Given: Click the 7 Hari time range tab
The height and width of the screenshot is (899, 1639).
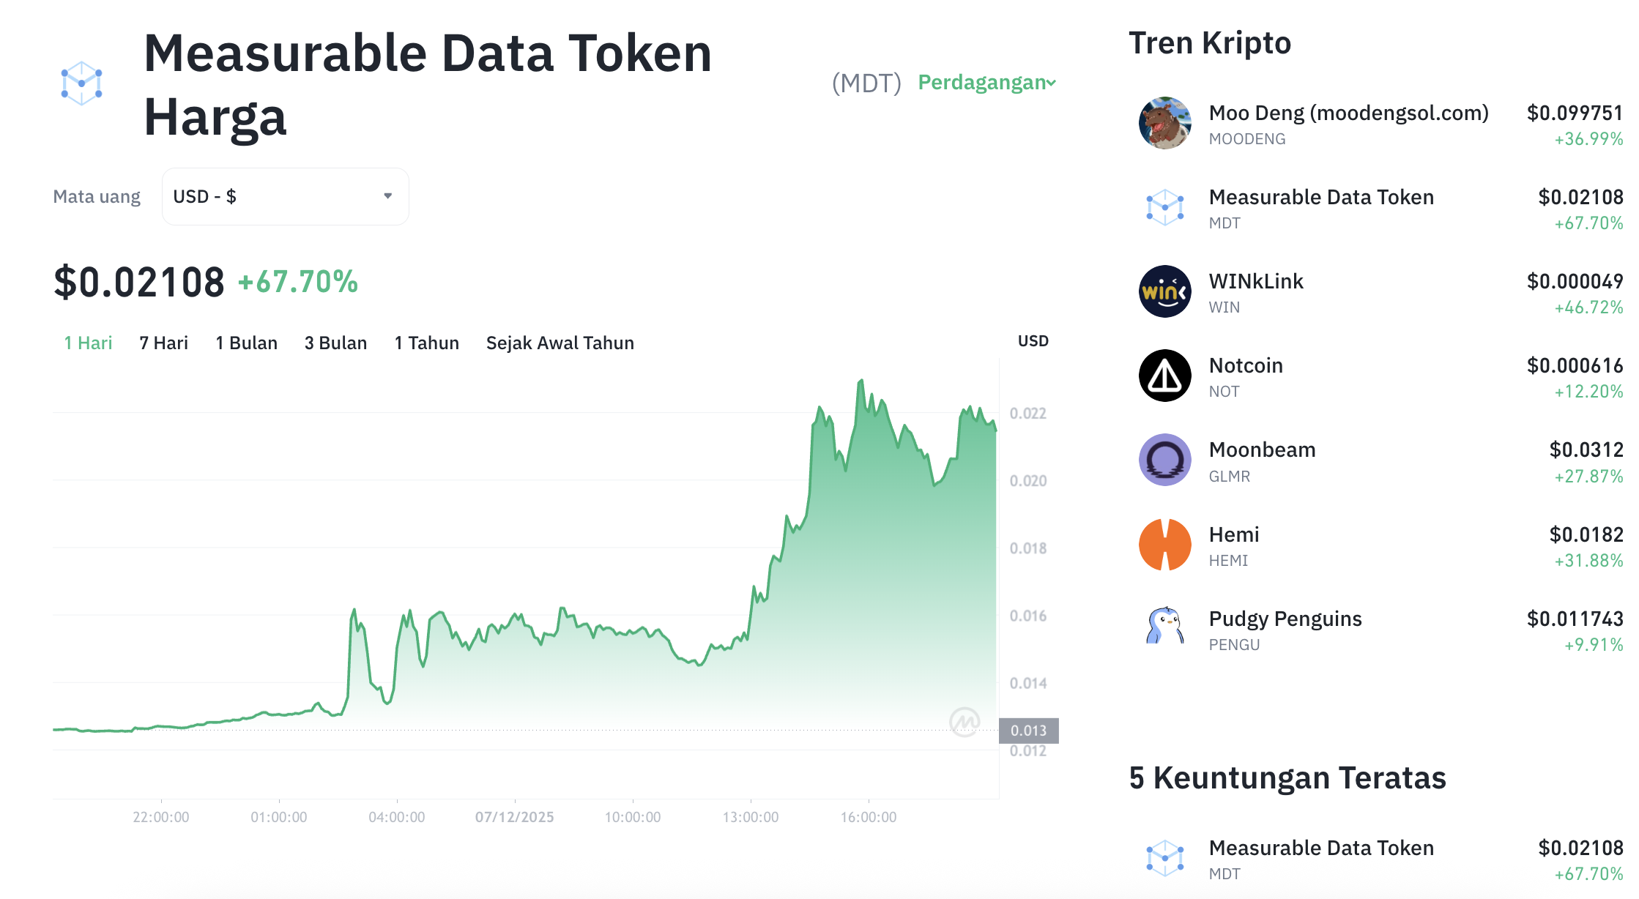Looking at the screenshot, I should [x=163, y=343].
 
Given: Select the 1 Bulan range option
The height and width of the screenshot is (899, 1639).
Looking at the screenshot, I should [x=246, y=343].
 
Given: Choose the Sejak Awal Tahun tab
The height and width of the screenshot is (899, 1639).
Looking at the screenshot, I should [x=560, y=343].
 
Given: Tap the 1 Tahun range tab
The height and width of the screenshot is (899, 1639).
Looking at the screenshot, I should [x=426, y=343].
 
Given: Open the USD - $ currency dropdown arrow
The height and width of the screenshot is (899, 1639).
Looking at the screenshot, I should [x=388, y=196].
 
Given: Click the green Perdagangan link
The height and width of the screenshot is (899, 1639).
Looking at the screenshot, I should [x=986, y=83].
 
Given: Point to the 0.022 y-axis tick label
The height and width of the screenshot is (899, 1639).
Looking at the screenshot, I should [x=1027, y=414].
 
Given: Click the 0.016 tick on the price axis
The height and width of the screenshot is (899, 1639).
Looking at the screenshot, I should [x=1027, y=616].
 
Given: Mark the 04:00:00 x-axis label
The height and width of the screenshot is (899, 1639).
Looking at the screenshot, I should [x=396, y=817].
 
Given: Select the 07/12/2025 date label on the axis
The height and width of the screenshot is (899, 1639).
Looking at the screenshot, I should [x=514, y=817].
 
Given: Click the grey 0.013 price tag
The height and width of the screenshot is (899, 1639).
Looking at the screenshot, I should [x=1028, y=731].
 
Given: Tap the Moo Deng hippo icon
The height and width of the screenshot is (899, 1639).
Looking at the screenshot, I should [x=1164, y=123].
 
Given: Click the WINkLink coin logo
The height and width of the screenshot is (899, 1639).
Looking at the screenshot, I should [x=1164, y=291].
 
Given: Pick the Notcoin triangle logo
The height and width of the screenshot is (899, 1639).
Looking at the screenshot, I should [x=1164, y=376].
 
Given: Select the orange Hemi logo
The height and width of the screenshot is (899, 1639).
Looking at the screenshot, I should [x=1164, y=545].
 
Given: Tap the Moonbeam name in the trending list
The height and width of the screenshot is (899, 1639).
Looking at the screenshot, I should [x=1262, y=449].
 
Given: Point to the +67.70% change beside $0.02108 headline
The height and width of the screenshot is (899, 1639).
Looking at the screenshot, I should [x=298, y=283].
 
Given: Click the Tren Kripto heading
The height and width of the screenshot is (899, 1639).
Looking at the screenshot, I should [x=1209, y=43].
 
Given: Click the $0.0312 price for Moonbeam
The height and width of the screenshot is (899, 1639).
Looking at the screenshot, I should [x=1586, y=449].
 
